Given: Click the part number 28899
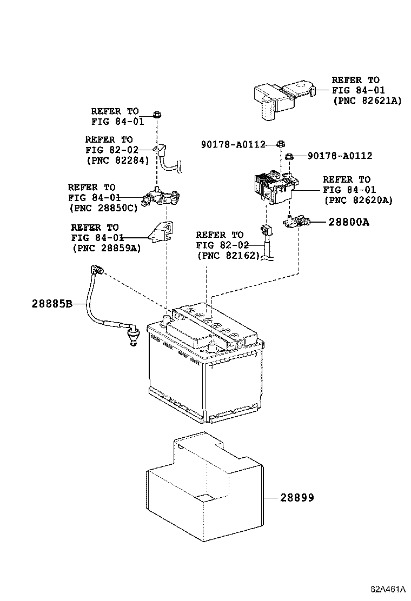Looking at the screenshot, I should [x=297, y=497].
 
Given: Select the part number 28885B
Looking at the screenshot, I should [x=51, y=304].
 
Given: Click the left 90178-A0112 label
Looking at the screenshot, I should [x=233, y=144].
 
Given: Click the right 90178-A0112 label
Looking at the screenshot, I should [x=340, y=156].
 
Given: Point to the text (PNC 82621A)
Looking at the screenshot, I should [x=367, y=100].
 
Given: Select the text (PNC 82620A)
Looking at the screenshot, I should [x=358, y=200].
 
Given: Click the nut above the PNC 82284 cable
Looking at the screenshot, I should [x=156, y=115].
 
